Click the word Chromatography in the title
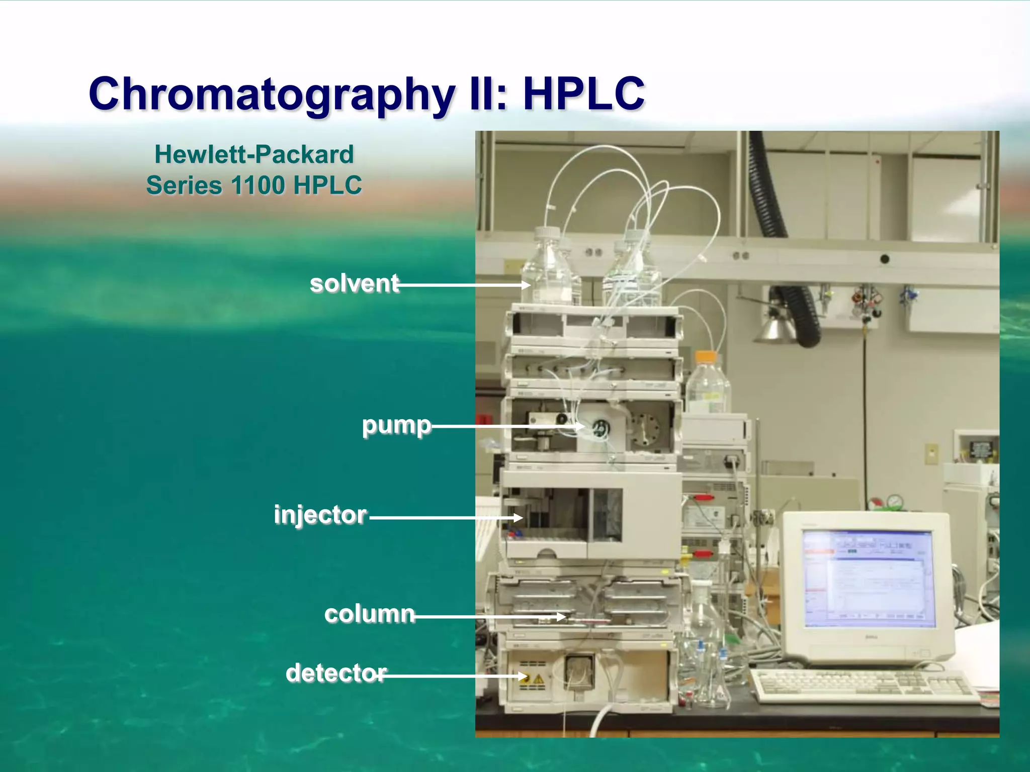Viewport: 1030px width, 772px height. (x=272, y=94)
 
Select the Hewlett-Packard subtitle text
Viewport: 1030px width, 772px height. (x=254, y=154)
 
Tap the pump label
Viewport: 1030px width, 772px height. (x=396, y=425)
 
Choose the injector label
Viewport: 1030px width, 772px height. (x=320, y=515)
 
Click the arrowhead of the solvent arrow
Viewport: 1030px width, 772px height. (x=526, y=285)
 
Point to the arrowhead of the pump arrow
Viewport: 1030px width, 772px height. (x=580, y=427)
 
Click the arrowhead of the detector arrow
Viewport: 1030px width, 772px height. (x=523, y=677)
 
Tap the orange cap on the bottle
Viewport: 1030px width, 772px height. (x=705, y=357)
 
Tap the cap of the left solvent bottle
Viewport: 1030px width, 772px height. (x=547, y=234)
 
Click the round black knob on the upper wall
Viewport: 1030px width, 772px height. (x=885, y=259)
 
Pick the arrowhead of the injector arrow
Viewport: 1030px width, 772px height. (x=519, y=517)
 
